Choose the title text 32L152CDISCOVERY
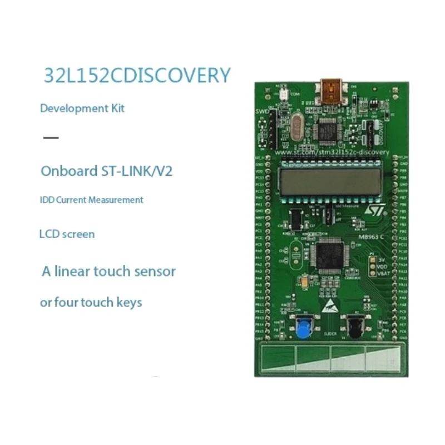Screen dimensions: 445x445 tap(137, 76)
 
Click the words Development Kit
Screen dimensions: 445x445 tap(82, 108)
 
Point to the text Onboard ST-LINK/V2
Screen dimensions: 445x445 tap(107, 171)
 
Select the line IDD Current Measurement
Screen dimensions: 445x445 tap(91, 200)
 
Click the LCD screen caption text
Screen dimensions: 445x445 tap(67, 234)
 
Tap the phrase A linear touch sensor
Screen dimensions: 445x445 tap(109, 271)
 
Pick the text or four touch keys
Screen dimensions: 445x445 tap(91, 303)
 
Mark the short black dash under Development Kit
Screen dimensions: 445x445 tap(51, 137)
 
